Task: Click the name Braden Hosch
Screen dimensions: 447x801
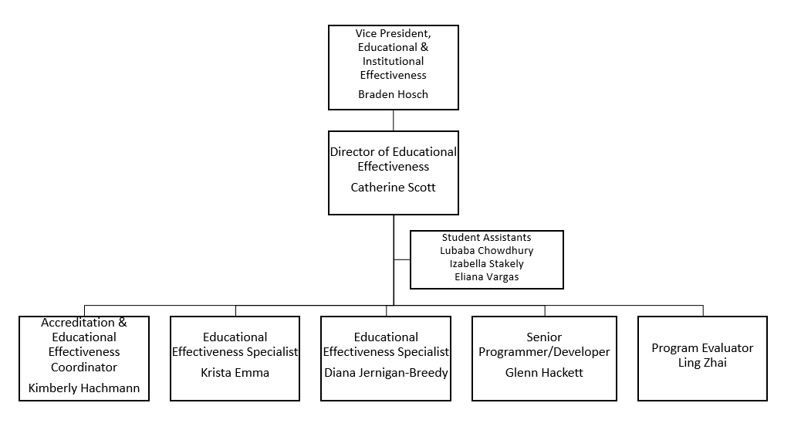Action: (393, 94)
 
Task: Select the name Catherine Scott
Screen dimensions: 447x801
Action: (393, 187)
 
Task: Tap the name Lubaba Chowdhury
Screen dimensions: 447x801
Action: (486, 250)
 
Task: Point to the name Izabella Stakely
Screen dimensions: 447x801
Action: (486, 263)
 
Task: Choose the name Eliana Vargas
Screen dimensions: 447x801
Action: (486, 276)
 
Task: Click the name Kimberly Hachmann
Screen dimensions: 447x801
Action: (84, 388)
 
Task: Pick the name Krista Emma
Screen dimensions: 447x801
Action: (235, 372)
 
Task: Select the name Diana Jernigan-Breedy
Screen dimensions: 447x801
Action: (386, 372)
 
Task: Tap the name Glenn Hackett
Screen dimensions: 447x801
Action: (544, 372)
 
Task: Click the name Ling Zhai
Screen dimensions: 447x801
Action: (702, 362)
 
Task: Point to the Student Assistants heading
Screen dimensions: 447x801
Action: (486, 237)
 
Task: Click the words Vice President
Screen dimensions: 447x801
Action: (393, 33)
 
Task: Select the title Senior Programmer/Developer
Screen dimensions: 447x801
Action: (544, 344)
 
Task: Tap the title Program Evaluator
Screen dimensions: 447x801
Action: (702, 348)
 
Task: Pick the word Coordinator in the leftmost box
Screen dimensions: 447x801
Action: (84, 367)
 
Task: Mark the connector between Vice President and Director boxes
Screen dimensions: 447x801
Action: (394, 120)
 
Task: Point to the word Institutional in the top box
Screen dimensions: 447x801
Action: (393, 61)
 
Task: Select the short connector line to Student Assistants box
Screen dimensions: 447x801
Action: (401, 259)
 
